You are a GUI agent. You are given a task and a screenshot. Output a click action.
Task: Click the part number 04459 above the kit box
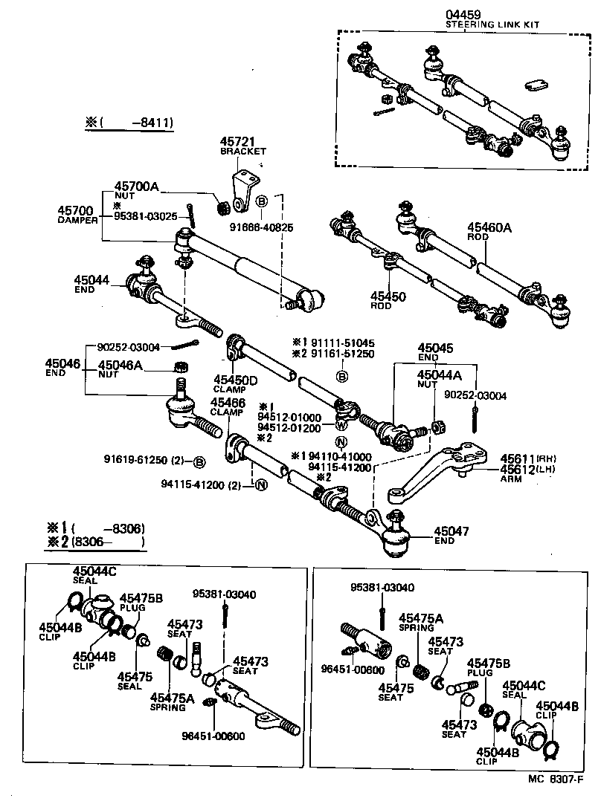point(463,14)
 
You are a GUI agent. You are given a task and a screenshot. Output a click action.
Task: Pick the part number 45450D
point(235,380)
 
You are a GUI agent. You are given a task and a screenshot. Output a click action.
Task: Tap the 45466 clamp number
point(228,402)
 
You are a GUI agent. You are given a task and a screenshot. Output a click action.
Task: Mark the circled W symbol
point(340,426)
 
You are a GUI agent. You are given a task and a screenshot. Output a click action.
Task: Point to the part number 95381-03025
point(146,216)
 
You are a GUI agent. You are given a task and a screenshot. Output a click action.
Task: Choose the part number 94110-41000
point(341,456)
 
